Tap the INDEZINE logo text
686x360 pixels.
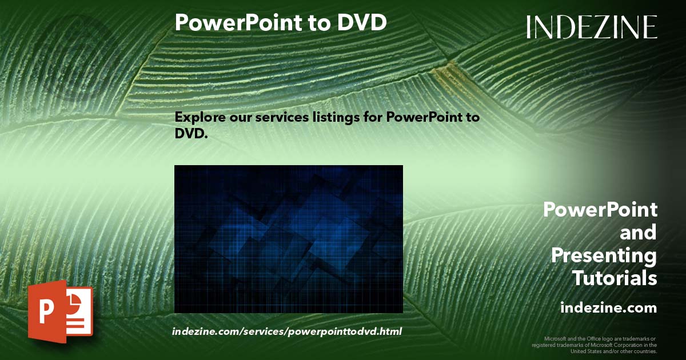tap(592, 27)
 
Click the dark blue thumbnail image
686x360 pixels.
tap(288, 239)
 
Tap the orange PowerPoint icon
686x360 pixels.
tap(60, 311)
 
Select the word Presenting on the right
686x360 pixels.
tap(604, 255)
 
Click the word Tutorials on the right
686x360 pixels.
tap(615, 278)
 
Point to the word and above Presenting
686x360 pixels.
tap(639, 233)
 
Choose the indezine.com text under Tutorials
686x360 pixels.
tap(608, 308)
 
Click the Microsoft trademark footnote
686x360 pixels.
tap(595, 345)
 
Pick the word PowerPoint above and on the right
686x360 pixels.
tap(600, 210)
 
